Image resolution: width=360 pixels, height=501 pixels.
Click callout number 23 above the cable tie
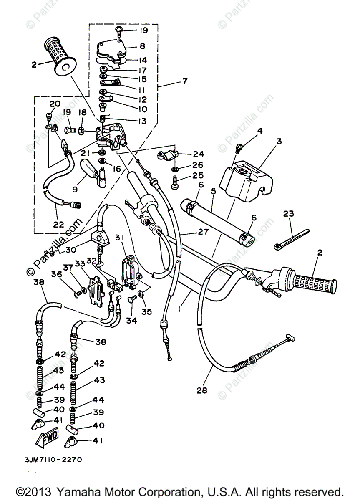coord(289,214)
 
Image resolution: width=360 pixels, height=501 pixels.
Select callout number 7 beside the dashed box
coord(184,81)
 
